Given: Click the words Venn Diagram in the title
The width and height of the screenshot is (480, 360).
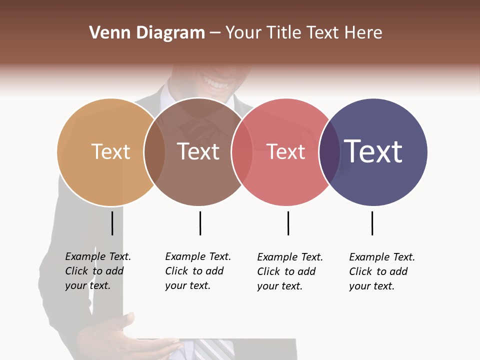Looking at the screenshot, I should [x=147, y=33].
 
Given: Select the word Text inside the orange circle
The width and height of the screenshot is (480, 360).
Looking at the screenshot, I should [x=110, y=151].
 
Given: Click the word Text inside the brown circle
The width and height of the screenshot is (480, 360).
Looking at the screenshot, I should [x=198, y=151].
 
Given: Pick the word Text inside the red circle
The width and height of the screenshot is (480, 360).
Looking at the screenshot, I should [x=285, y=152].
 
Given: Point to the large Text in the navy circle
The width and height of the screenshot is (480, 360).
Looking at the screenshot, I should [x=373, y=151].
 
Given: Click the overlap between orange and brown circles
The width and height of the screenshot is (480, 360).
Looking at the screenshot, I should [x=154, y=152].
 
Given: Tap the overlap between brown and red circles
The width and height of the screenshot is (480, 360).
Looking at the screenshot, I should [x=242, y=152].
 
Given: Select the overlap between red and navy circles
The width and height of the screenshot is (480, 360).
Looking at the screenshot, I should [x=329, y=152].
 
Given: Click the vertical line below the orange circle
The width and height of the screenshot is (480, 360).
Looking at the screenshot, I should [x=112, y=223].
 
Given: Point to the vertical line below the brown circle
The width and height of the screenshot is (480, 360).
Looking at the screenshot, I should [x=200, y=223].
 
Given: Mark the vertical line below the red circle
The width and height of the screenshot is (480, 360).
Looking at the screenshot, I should [x=288, y=223].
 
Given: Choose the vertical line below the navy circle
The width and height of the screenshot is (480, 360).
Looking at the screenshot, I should [x=372, y=223].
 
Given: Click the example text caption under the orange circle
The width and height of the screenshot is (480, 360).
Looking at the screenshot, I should [x=97, y=271].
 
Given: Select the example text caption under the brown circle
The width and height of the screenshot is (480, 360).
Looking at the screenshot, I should [x=197, y=271].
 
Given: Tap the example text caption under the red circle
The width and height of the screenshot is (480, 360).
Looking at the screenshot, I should [x=289, y=271].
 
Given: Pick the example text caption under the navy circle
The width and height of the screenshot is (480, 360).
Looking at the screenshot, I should [x=381, y=271].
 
